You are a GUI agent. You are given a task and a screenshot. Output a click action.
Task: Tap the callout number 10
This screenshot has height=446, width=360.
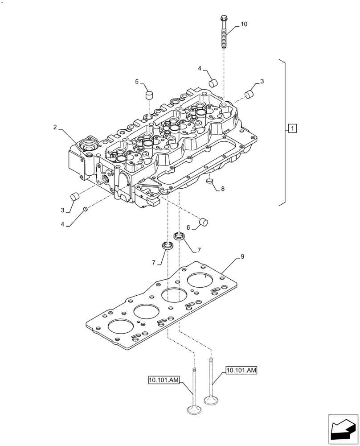244,25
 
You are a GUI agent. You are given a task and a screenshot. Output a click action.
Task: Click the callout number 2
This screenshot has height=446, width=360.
55,128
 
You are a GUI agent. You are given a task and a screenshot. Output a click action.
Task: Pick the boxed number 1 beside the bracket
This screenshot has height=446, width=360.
292,129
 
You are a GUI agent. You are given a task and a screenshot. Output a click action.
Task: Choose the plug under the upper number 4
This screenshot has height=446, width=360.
213,83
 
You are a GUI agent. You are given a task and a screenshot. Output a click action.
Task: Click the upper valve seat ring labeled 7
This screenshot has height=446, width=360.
179,236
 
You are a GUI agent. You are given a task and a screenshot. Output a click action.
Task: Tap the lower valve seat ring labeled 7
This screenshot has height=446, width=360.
168,245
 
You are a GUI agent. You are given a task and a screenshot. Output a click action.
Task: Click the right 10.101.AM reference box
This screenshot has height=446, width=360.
241,370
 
